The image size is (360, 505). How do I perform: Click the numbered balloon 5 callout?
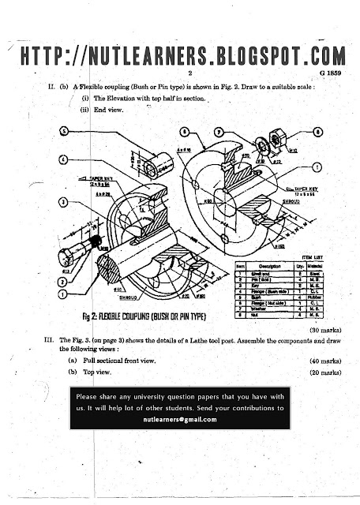pos(63,133)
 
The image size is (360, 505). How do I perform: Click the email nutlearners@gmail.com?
pos(179,421)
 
